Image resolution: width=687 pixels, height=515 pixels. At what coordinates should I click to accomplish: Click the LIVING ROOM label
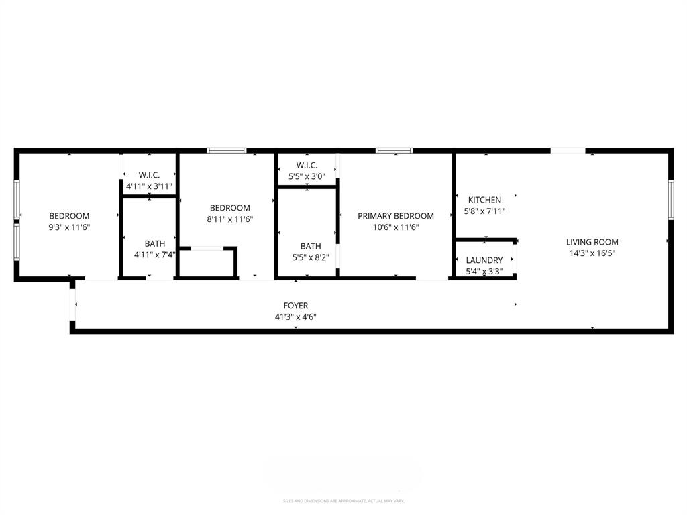[592, 242]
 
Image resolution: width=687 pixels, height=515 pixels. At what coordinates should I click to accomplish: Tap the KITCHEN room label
[484, 200]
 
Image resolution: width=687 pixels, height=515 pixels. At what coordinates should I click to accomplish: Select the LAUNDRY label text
[484, 260]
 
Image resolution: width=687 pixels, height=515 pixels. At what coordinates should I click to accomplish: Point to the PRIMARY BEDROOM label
[395, 216]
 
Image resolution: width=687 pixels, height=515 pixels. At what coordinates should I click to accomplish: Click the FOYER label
[295, 306]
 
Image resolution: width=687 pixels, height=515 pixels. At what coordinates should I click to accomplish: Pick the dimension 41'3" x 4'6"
[295, 317]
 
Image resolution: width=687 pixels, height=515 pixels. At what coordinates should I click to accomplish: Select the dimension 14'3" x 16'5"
[592, 253]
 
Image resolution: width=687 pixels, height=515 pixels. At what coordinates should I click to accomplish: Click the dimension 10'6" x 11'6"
[395, 227]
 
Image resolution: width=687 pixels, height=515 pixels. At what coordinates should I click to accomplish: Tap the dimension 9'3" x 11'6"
[69, 227]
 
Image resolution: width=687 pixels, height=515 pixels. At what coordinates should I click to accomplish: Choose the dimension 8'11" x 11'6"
[229, 219]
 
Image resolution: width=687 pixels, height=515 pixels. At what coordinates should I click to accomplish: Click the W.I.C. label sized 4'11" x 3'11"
[149, 175]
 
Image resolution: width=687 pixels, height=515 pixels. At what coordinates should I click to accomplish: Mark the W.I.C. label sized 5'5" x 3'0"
[306, 165]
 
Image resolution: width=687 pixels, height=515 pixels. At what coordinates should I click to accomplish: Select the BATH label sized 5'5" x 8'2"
[311, 246]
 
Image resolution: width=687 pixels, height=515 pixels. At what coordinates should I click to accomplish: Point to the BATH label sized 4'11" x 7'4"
[154, 243]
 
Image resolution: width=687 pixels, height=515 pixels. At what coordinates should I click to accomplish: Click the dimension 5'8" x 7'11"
[484, 211]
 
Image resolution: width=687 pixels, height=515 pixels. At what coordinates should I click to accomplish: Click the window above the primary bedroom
[394, 150]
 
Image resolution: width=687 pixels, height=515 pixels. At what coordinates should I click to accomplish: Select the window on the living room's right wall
[670, 199]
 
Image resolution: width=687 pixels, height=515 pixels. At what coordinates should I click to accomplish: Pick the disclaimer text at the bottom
[343, 501]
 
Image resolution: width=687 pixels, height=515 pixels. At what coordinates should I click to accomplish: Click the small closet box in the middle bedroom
[207, 263]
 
